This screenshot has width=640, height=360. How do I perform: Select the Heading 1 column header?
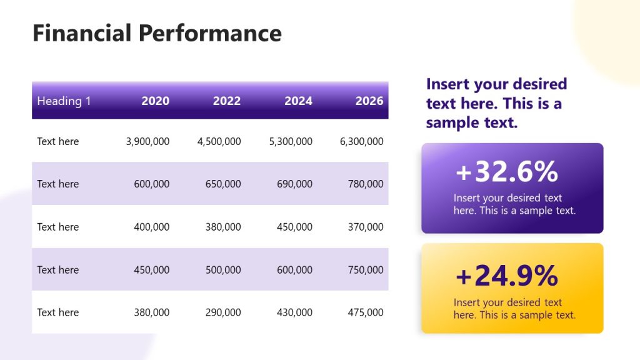[x=64, y=101]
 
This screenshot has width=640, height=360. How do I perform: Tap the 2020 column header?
[x=155, y=101]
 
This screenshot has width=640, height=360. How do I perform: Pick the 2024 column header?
[x=298, y=101]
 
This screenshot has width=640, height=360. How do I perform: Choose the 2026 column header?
[x=369, y=101]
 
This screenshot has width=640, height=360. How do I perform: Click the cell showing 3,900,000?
[x=147, y=142]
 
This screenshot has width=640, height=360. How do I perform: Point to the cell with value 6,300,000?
[x=361, y=142]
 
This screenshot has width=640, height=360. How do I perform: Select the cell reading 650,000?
[x=223, y=184]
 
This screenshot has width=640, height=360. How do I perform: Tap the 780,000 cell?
[x=366, y=184]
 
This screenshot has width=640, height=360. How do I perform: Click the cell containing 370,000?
[x=366, y=227]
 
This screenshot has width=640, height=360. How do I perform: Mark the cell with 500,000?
[x=223, y=270]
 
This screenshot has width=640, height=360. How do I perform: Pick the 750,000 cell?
[x=366, y=270]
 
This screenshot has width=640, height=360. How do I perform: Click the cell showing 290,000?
[x=223, y=312]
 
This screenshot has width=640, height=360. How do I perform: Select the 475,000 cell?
[x=366, y=312]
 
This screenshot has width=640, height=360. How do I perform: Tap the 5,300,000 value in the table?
[x=291, y=142]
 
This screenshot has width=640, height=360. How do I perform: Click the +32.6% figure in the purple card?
[x=507, y=172]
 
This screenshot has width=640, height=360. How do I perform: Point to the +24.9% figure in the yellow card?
[x=507, y=276]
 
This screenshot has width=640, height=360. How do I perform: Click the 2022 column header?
[x=226, y=101]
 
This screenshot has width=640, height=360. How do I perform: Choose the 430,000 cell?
[x=294, y=312]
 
